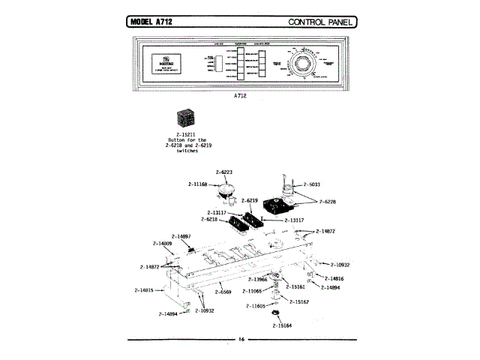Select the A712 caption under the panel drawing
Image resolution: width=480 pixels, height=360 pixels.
[x=240, y=95]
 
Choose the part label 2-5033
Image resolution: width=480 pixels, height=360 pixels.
[x=313, y=183]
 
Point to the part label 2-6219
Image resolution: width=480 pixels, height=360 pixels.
[x=248, y=201]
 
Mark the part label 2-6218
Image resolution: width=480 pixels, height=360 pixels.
[x=210, y=219]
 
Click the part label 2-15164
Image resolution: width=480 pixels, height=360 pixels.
[x=282, y=326]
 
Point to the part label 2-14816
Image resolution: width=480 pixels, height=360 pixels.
[x=334, y=278]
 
